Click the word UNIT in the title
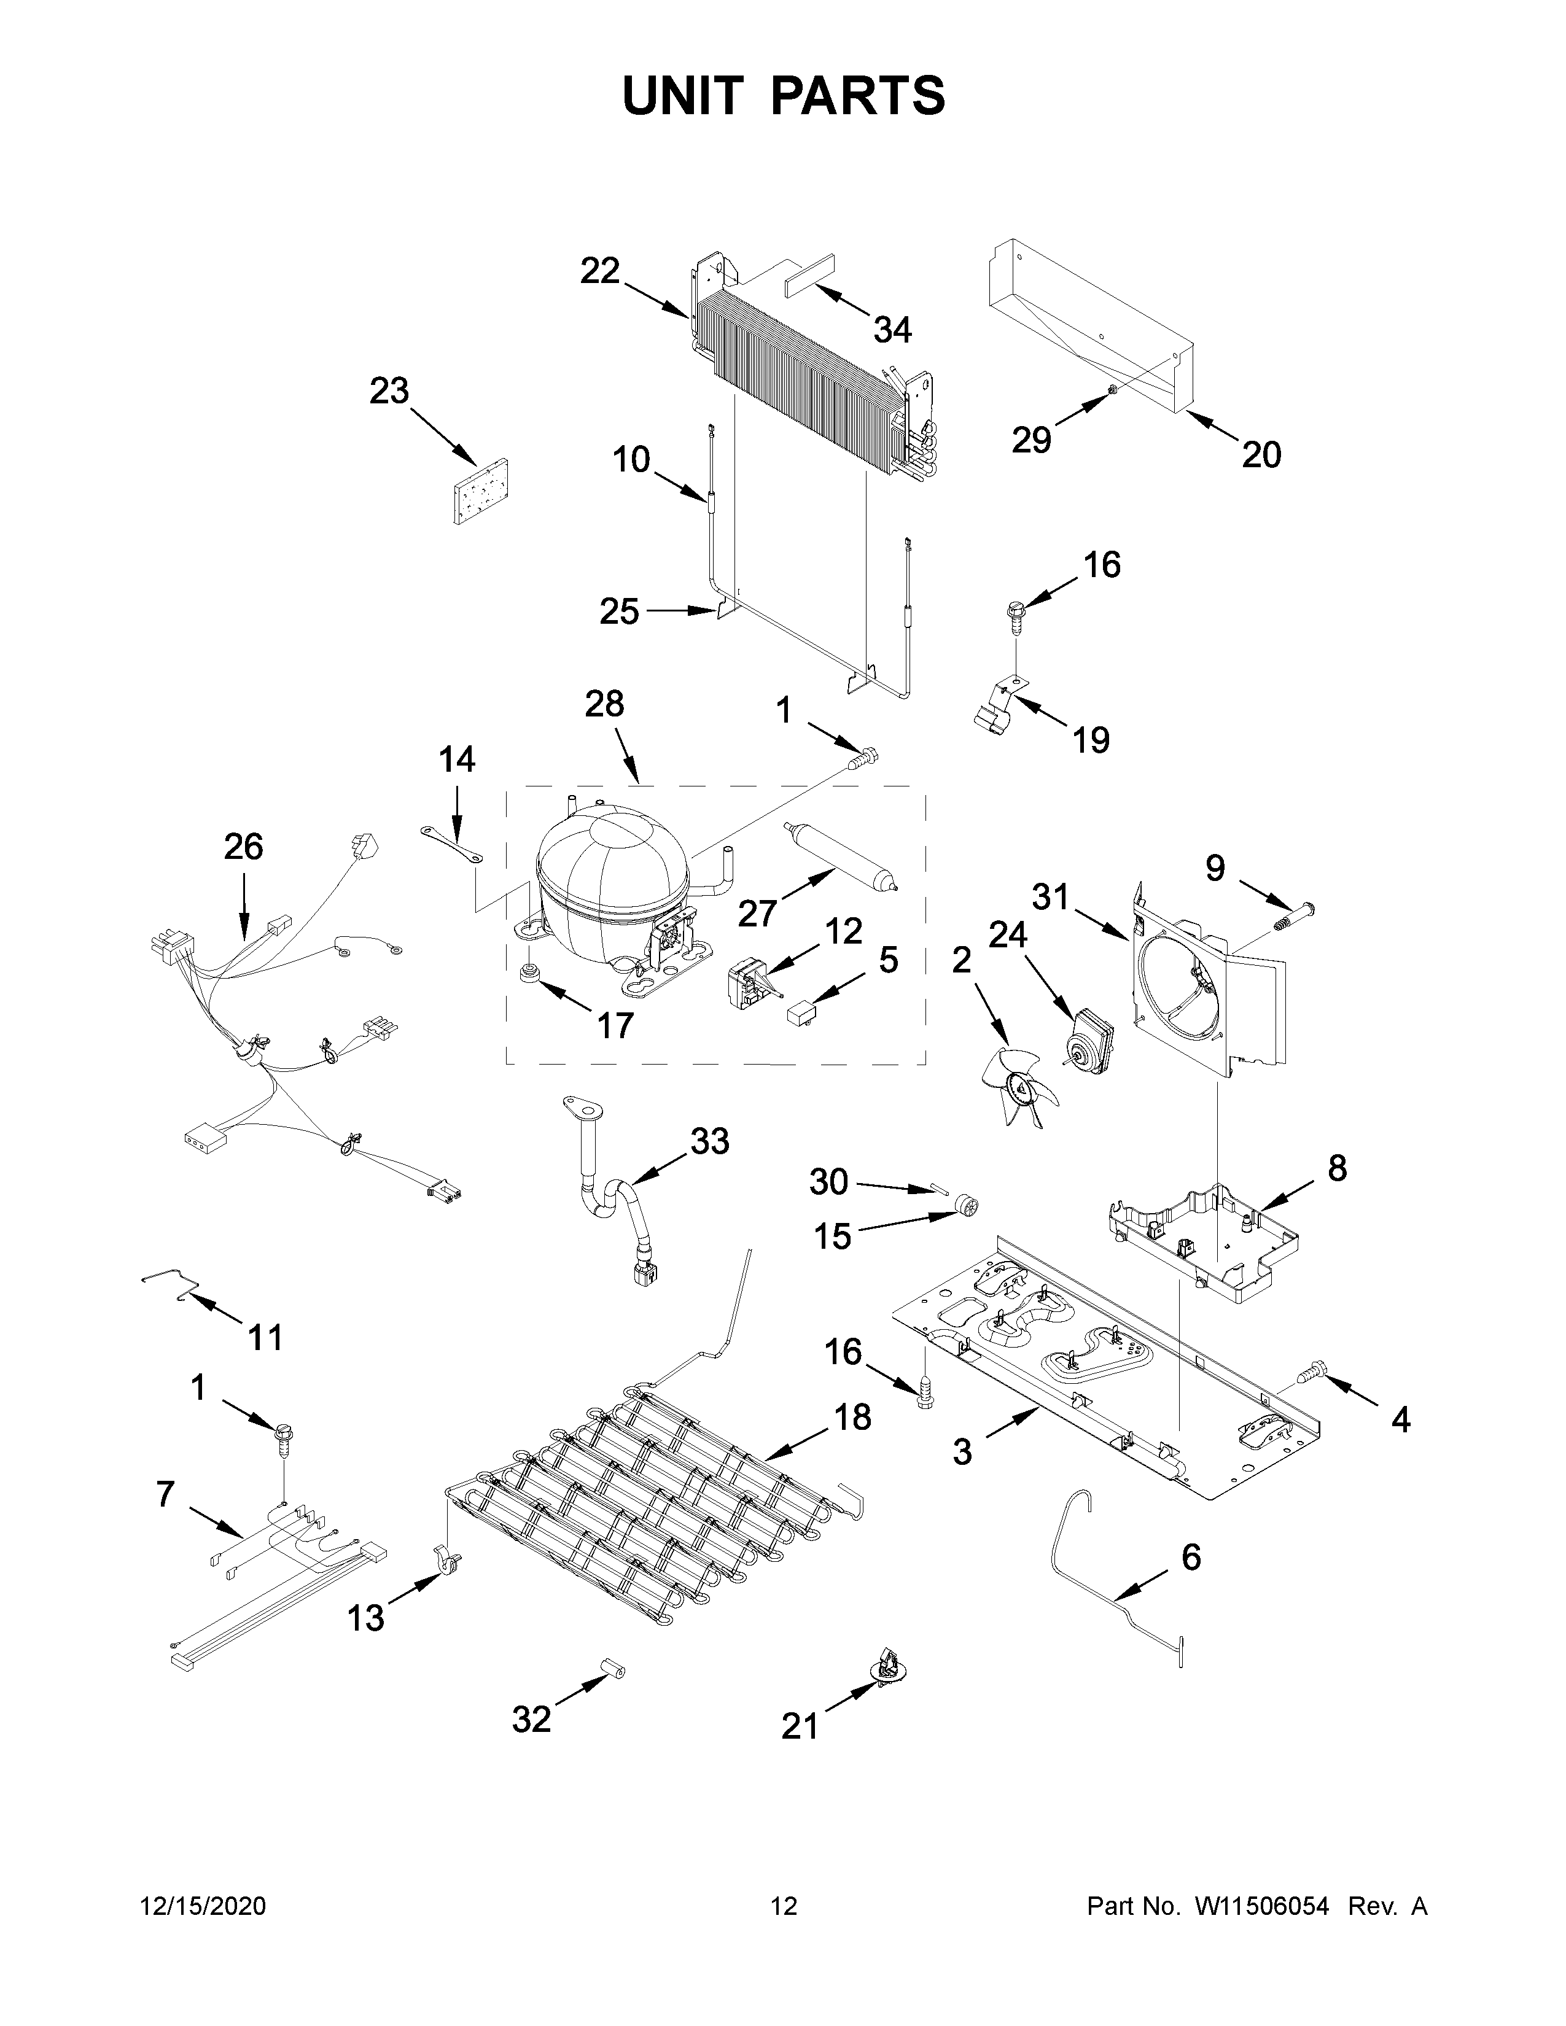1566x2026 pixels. click(684, 96)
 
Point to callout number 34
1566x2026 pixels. click(892, 329)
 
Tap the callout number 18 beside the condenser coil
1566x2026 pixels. click(852, 1416)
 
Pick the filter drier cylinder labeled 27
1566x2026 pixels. click(839, 855)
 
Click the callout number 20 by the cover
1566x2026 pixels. click(1261, 454)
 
